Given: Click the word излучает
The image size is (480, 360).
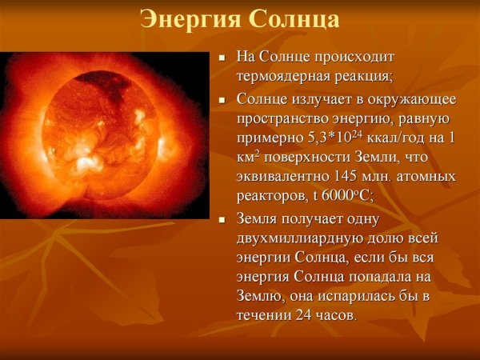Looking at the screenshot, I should pyautogui.click(x=315, y=100).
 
